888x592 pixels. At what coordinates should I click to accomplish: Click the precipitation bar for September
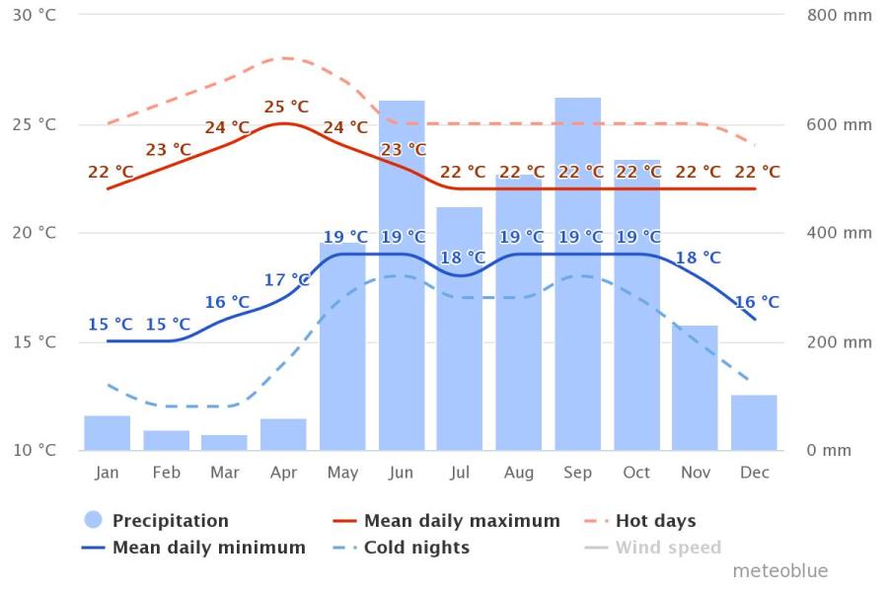[577, 274]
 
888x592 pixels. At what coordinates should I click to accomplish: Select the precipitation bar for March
[224, 443]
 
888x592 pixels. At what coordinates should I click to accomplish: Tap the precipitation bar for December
[754, 423]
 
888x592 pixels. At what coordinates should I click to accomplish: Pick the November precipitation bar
[695, 388]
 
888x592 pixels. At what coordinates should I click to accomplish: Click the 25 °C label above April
[286, 107]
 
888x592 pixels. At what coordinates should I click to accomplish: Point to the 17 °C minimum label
[286, 280]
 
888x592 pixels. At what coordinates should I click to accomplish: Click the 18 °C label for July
[464, 258]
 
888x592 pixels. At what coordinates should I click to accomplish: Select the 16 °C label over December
[757, 302]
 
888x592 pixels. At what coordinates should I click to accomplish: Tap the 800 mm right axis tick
[840, 16]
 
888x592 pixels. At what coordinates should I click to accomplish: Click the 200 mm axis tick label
[840, 342]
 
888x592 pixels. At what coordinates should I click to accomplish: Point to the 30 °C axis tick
[35, 16]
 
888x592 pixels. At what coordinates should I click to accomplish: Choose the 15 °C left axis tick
[35, 342]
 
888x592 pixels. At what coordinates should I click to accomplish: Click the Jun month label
[401, 473]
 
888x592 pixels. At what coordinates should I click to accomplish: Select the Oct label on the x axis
[636, 473]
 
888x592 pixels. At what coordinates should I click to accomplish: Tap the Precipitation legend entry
[156, 520]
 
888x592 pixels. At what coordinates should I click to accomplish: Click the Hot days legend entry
[640, 520]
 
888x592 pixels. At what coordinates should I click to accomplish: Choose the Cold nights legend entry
[402, 548]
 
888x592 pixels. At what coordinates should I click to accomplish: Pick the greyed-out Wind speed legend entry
[653, 548]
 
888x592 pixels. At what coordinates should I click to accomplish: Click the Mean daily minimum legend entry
[193, 548]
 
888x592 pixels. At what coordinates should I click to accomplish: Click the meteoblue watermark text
[780, 570]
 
